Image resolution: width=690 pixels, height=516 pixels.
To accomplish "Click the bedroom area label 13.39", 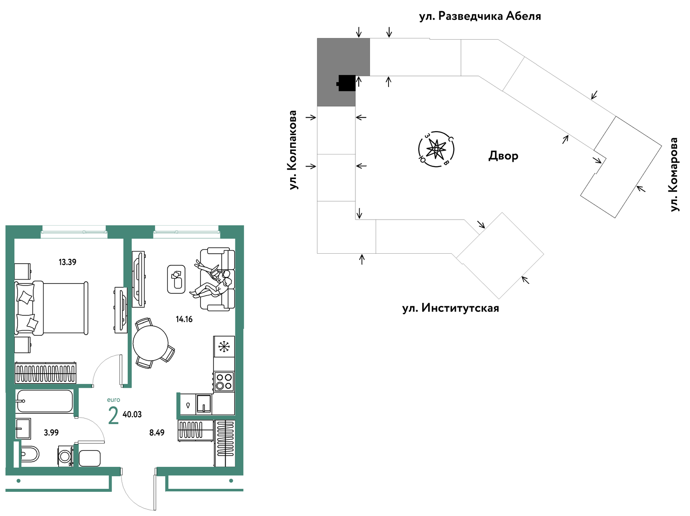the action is pos(67,262).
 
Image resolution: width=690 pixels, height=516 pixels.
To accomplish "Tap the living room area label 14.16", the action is pos(184,319).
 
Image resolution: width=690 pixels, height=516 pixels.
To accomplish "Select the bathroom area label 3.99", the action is pos(51,432).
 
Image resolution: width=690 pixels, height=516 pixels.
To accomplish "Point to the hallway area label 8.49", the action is pos(157,432).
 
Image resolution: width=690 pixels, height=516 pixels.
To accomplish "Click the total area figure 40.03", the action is pos(132,415).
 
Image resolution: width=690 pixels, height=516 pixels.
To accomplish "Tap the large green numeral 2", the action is pos(113,415).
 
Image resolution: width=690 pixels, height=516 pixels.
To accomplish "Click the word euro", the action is pos(113,400).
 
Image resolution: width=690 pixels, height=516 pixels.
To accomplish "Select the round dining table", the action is pos(151,343).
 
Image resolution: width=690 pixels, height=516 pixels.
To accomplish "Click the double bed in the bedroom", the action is pos(51,308).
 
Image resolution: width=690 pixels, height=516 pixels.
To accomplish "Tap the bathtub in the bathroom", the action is pos(45,401).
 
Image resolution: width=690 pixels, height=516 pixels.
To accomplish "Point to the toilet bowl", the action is pos(30,454).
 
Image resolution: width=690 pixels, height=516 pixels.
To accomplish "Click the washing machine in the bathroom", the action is pos(66,456).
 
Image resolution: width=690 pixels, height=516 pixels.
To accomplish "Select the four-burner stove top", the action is pos(224,381).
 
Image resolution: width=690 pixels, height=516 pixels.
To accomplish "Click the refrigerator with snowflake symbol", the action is pos(224,346).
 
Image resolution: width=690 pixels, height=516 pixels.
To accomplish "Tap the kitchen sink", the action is pos(204,404).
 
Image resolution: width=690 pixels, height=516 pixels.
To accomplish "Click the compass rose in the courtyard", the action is pos(436,149).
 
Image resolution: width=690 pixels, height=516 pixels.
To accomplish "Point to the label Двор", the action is pos(503,156).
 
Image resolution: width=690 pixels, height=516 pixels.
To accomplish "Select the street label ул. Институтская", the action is pos(451,308).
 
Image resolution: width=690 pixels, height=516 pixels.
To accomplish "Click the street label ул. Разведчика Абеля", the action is pos(480,16).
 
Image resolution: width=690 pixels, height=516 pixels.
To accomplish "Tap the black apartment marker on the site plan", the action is pos(346,83).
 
